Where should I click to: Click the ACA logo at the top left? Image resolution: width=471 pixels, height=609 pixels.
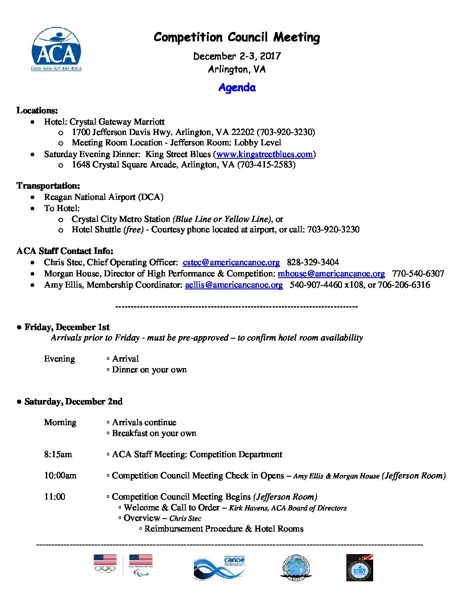(56, 49)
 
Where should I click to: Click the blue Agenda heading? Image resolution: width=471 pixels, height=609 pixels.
(237, 87)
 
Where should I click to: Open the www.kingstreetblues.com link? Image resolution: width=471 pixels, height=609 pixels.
(264, 154)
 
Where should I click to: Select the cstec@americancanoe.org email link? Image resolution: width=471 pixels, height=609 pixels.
(231, 262)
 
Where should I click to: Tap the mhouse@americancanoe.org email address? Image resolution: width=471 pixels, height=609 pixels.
(331, 273)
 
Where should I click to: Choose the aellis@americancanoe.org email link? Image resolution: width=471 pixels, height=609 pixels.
(234, 285)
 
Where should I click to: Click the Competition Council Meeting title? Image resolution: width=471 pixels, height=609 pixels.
(237, 37)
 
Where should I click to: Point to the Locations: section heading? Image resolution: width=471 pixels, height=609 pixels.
(37, 110)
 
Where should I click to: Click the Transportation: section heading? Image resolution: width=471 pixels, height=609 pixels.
(48, 186)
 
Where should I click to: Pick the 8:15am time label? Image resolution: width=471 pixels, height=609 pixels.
(58, 454)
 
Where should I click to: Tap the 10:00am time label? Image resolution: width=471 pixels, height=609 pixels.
(60, 475)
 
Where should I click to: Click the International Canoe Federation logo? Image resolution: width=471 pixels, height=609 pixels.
(219, 567)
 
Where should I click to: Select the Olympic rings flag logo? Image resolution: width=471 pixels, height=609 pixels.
(105, 564)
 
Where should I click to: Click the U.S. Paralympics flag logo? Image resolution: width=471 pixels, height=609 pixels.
(141, 565)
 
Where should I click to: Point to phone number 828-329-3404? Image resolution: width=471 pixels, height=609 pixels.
(313, 262)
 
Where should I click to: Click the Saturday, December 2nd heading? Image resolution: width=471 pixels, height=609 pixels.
(73, 401)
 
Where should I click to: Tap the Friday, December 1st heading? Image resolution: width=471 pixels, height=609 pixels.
(67, 327)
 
